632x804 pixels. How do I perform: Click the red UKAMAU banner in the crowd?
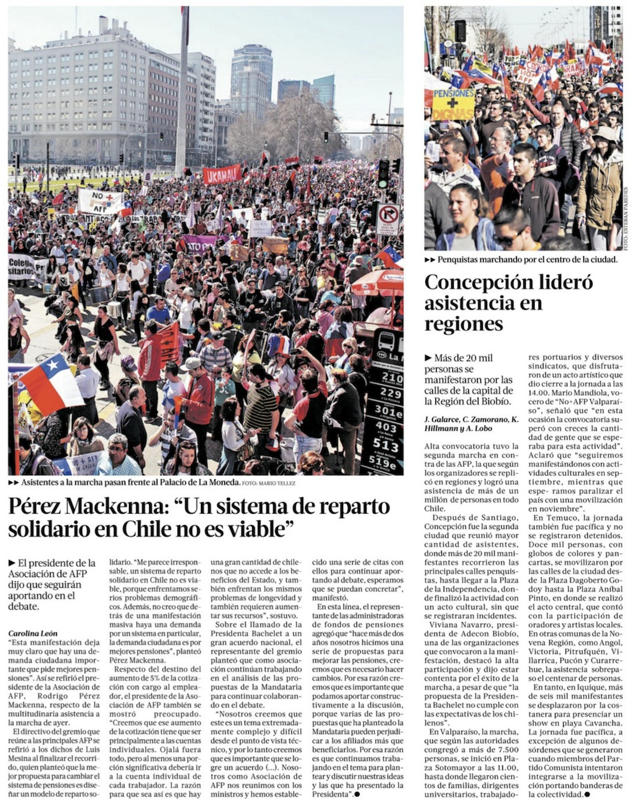[222, 174]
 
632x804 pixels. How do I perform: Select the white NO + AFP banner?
[100, 201]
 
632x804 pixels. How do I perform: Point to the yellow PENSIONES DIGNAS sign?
[453, 104]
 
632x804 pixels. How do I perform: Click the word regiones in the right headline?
[464, 324]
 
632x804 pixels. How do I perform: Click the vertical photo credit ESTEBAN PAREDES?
[626, 218]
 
